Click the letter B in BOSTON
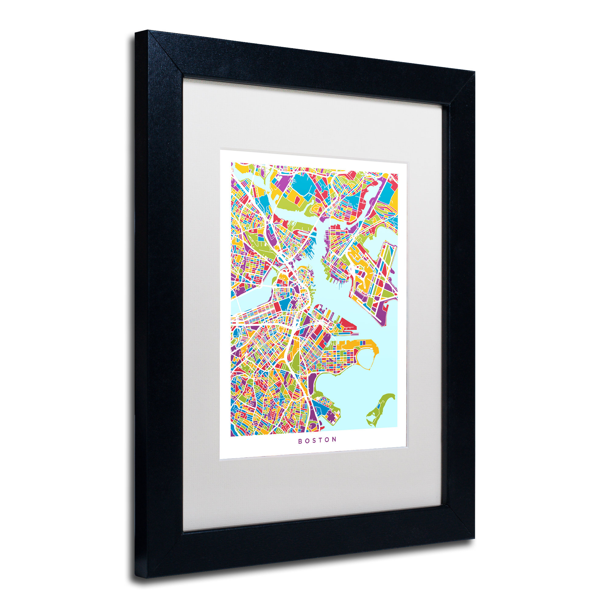click(x=300, y=441)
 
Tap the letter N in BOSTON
click(x=334, y=439)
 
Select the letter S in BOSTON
click(x=314, y=440)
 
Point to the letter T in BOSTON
click(x=321, y=440)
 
